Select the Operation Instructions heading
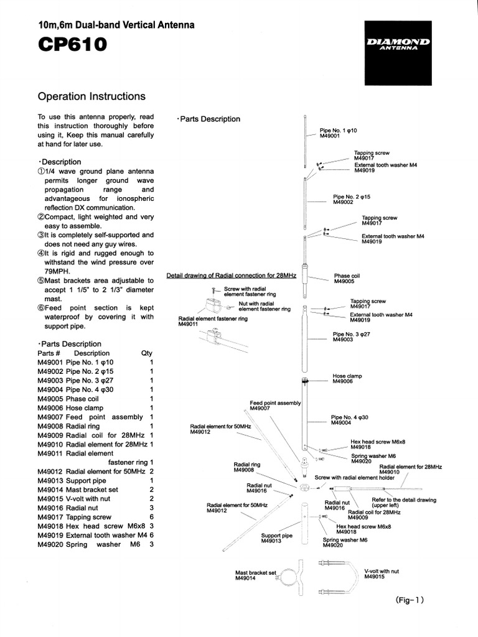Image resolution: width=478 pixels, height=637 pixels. pos(91,96)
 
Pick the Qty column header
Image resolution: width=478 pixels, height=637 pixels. pos(147,353)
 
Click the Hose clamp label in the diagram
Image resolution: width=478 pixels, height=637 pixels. pos(347,379)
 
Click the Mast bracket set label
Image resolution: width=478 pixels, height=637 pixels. pos(255,575)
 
